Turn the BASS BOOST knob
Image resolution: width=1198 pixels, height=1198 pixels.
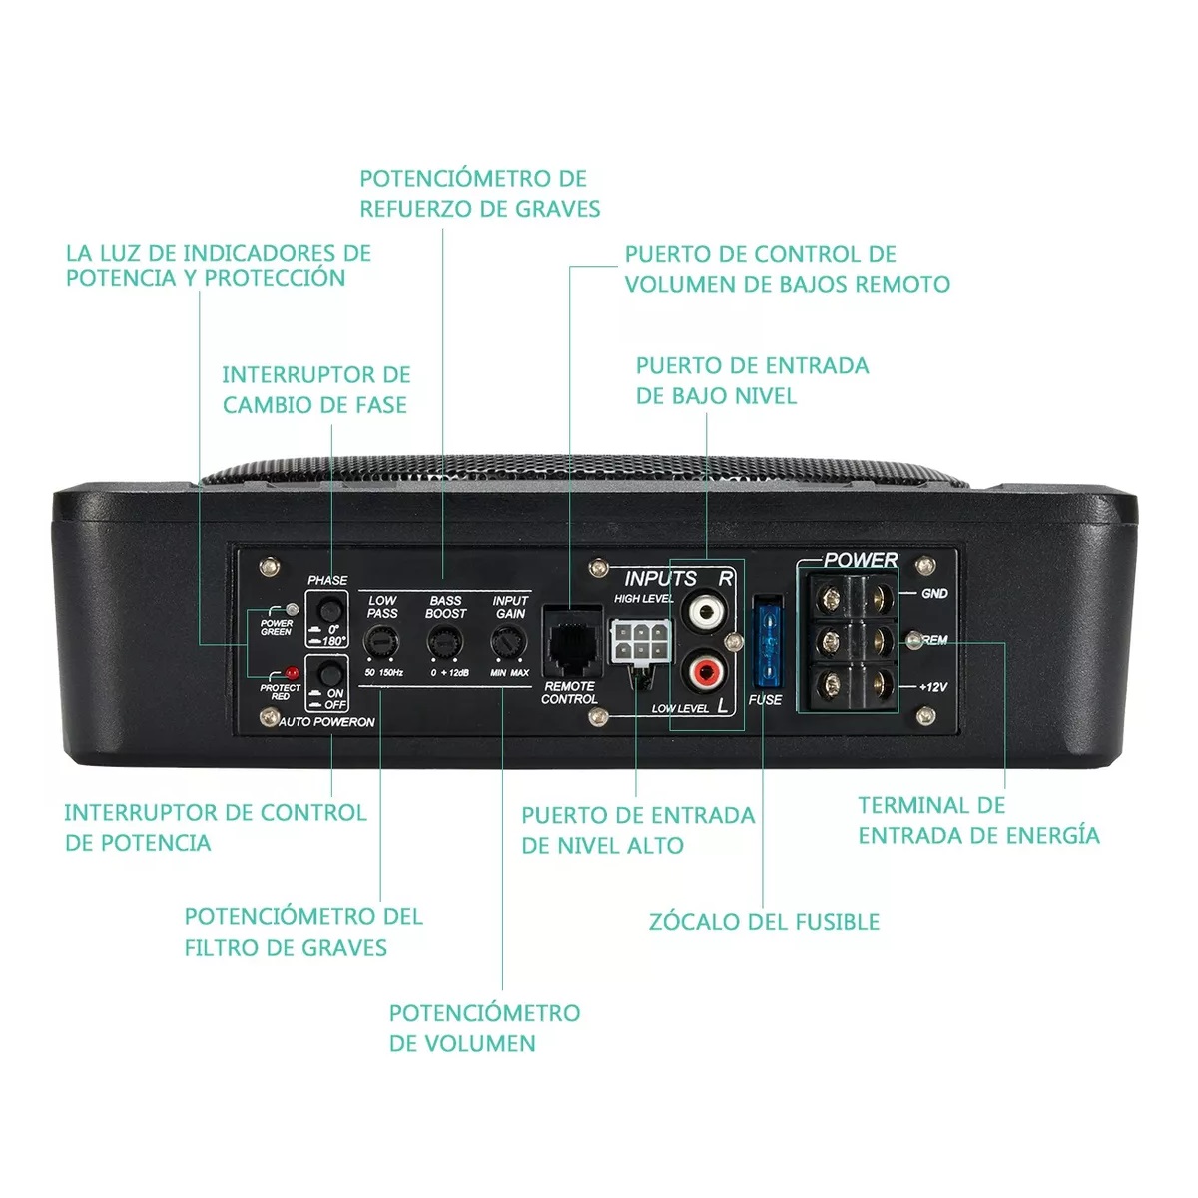pos(444,642)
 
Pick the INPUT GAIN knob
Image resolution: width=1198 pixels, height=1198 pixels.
pos(508,642)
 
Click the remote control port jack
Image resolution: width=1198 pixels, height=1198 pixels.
pos(569,645)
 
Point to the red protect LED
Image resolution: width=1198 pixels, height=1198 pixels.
pos(292,672)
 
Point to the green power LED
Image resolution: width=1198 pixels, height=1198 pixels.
pos(291,609)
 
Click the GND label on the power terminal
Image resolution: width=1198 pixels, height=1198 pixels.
pos(934,593)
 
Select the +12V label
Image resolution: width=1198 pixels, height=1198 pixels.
pos(932,687)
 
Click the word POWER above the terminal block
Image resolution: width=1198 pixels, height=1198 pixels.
pos(861,560)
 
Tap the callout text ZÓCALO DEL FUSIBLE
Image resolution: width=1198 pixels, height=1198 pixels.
pos(764,922)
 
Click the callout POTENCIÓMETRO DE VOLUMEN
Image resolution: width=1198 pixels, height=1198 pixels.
pos(484,1028)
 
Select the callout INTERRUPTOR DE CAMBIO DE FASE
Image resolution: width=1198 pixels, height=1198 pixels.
pos(315,390)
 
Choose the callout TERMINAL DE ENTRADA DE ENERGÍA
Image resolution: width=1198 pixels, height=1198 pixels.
pos(978,820)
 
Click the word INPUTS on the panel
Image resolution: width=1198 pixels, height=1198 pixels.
pos(660,578)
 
